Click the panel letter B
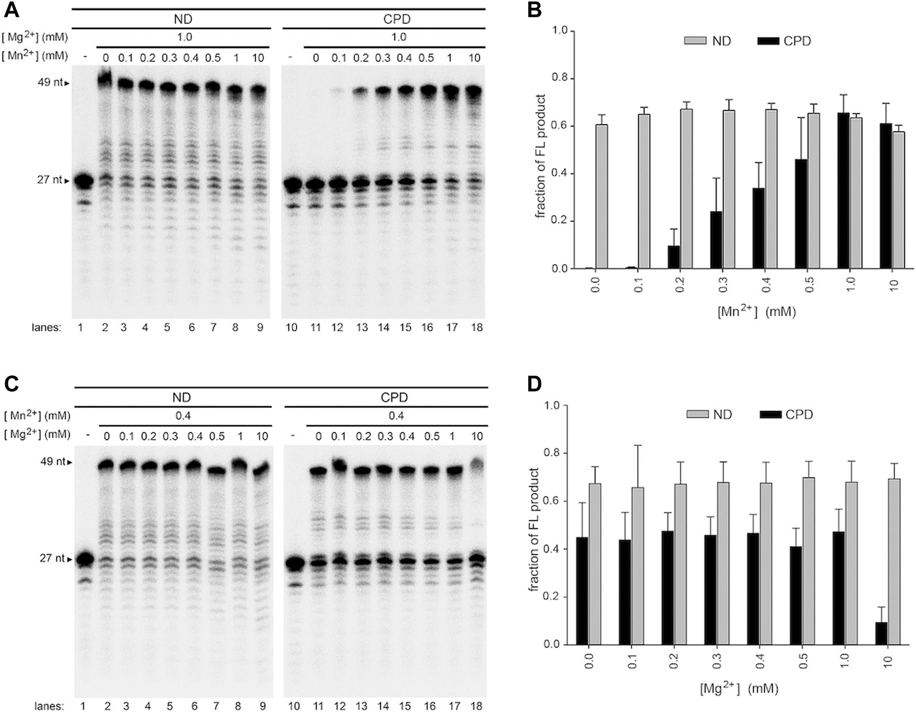pyautogui.click(x=534, y=10)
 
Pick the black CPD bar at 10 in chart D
pyautogui.click(x=881, y=633)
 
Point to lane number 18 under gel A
pyautogui.click(x=474, y=328)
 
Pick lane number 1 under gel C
pyautogui.click(x=83, y=706)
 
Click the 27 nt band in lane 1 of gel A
pyautogui.click(x=83, y=182)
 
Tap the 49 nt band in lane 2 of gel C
pyautogui.click(x=107, y=465)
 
